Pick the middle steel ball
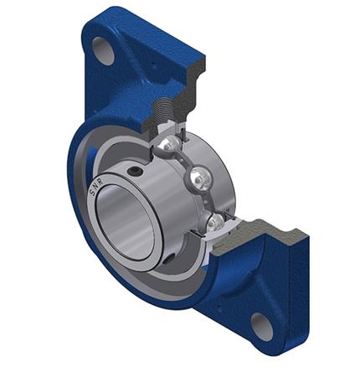pyautogui.click(x=200, y=178)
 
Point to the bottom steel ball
pyautogui.click(x=215, y=221)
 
